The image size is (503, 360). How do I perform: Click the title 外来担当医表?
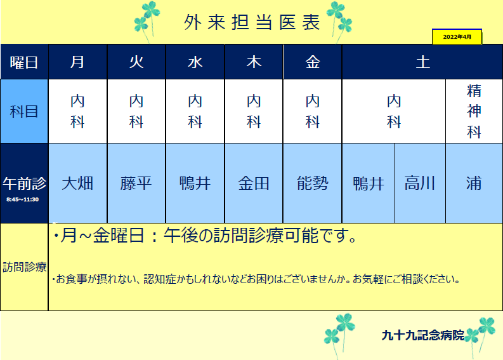(x=252, y=22)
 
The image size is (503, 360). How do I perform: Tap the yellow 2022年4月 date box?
(x=457, y=37)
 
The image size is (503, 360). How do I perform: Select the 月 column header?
(x=77, y=62)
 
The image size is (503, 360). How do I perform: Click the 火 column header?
(x=136, y=62)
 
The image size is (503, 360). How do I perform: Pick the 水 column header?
(x=195, y=62)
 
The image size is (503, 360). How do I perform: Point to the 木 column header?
(x=254, y=62)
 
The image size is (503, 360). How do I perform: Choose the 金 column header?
(x=313, y=62)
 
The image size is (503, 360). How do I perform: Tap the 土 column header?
(x=422, y=62)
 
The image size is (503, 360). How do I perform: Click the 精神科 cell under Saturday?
(x=474, y=111)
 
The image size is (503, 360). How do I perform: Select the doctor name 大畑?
(x=77, y=183)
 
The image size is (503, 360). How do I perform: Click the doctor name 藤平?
(x=136, y=183)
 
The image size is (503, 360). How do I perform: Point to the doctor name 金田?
(x=254, y=183)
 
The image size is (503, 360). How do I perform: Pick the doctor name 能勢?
(x=313, y=183)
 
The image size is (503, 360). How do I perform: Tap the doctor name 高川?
(x=420, y=183)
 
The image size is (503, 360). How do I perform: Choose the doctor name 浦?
(x=474, y=183)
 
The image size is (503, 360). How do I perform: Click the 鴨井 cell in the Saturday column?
(x=369, y=183)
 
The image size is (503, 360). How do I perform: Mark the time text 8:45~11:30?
(x=22, y=199)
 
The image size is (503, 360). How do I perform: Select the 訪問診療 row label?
(x=24, y=267)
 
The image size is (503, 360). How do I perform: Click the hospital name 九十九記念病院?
(x=423, y=335)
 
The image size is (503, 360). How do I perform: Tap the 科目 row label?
(x=24, y=112)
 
